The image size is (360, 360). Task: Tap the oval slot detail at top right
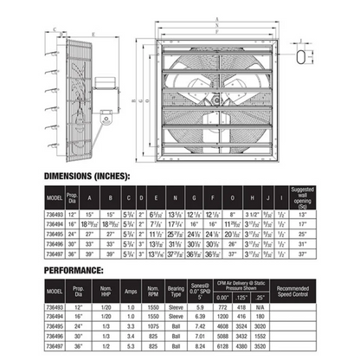click(299, 55)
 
